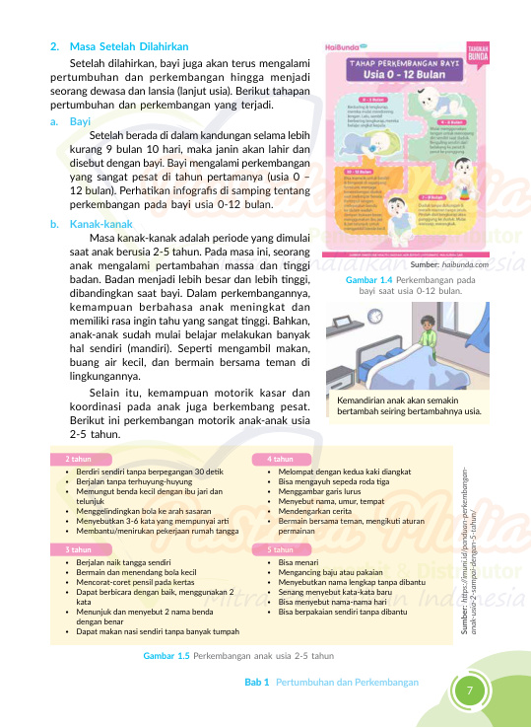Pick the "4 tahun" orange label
280,460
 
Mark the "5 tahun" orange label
280,548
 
